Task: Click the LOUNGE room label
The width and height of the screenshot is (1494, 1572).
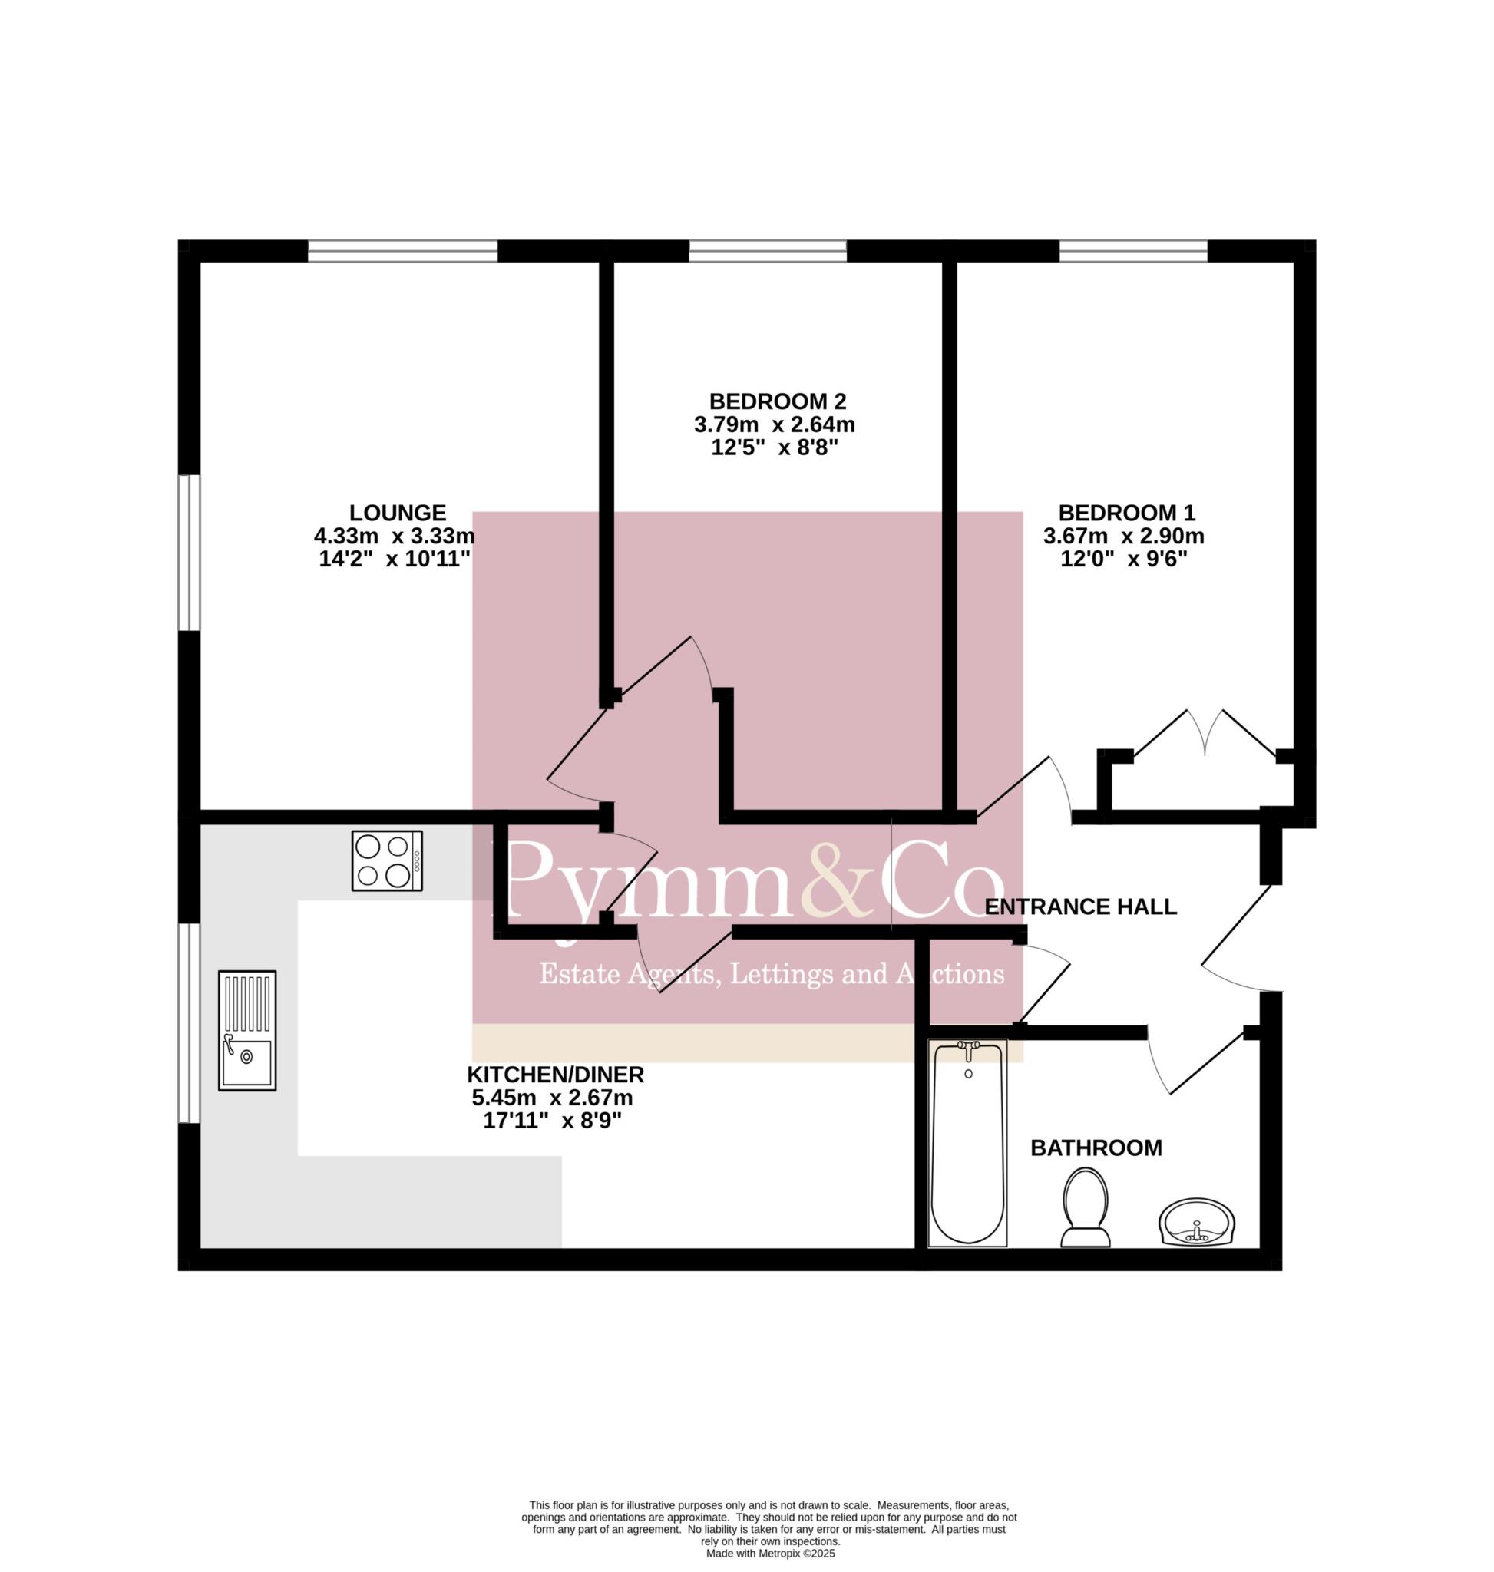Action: [398, 512]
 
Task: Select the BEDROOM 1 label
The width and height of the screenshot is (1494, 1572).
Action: [1126, 512]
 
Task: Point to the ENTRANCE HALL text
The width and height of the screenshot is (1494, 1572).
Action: [1081, 907]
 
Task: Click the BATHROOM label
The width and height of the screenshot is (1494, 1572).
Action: [1096, 1148]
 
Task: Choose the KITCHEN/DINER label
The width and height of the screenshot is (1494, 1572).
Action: [555, 1075]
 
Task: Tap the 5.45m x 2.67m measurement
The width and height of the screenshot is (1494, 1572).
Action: [553, 1098]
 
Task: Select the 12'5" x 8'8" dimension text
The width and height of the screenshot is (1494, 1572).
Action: [775, 447]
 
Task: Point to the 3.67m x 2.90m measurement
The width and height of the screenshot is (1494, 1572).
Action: [1124, 536]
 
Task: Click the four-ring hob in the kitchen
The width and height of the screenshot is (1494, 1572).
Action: [387, 861]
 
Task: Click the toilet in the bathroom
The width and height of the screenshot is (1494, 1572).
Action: [1086, 1207]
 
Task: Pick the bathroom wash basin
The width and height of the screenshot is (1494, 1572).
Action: [1196, 1223]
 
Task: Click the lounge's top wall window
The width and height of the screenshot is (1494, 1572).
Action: [403, 251]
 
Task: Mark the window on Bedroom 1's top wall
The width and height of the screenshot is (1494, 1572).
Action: [1133, 251]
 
